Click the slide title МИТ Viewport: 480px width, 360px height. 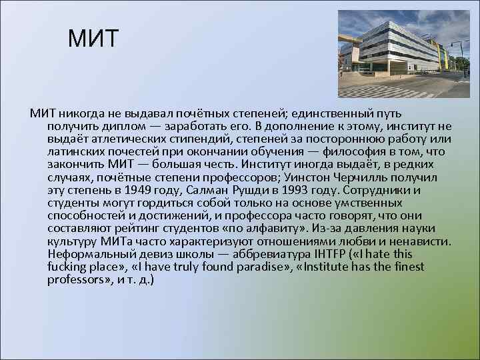pyautogui.click(x=93, y=39)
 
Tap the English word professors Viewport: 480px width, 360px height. pyautogui.click(x=76, y=279)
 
